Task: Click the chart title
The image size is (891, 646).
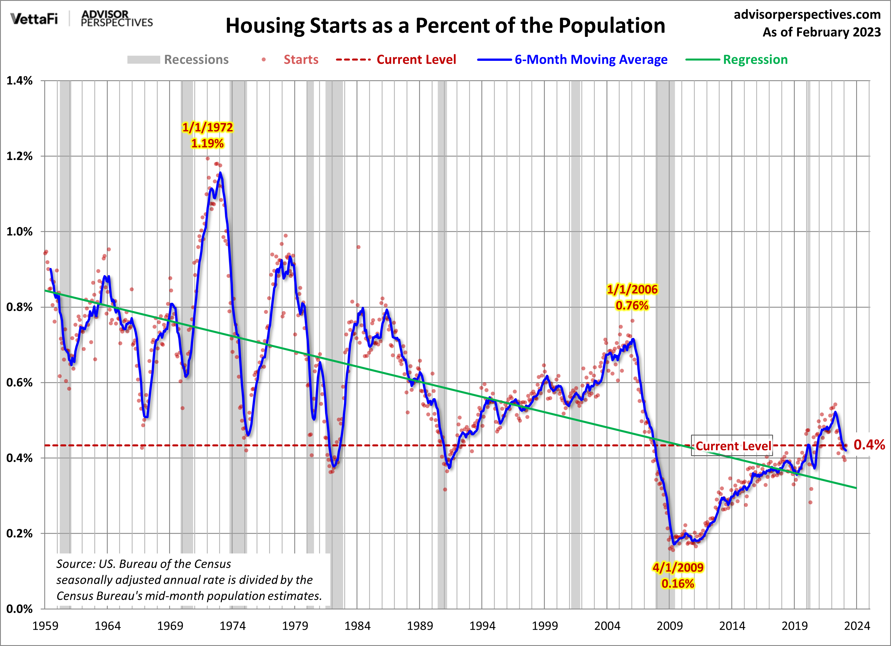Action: (x=445, y=26)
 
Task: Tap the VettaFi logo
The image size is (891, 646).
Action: (x=34, y=19)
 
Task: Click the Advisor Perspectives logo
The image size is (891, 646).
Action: (x=116, y=19)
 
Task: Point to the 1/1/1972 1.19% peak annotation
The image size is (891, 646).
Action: (x=207, y=135)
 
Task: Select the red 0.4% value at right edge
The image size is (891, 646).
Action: (x=869, y=445)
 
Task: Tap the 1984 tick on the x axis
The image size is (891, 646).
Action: (x=357, y=625)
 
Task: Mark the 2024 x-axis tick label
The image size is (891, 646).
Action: (x=857, y=625)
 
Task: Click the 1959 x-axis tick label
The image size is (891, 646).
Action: (x=45, y=625)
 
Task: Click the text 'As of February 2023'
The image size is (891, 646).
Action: (x=822, y=32)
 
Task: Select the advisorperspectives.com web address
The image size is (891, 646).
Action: (x=807, y=15)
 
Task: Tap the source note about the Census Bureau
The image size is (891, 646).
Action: (x=189, y=580)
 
